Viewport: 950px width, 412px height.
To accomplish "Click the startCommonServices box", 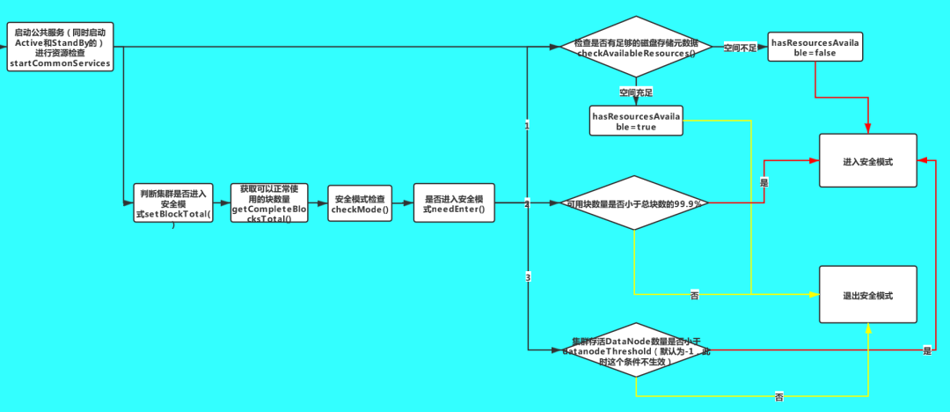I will (x=62, y=48).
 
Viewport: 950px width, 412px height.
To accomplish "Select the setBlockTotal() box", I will (x=174, y=205).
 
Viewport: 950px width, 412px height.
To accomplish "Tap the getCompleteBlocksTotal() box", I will (x=268, y=203).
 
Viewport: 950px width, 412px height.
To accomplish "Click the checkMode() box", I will (x=360, y=204).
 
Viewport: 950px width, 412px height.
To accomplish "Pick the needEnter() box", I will (x=454, y=204).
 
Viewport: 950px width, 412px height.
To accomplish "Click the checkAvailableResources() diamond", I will (x=635, y=48).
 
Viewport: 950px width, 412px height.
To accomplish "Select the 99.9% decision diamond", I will (x=634, y=203).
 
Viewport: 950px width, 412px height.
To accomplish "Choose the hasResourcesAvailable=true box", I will (x=636, y=121).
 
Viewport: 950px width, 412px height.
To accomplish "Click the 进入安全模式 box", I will (x=867, y=161).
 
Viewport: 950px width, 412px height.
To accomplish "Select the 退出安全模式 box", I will (x=867, y=297).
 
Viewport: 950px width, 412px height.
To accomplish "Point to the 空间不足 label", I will (x=739, y=47).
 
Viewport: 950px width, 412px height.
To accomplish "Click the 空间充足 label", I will (x=635, y=92).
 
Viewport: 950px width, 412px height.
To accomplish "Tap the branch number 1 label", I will (x=527, y=126).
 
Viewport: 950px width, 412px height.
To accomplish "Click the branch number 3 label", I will (x=528, y=278).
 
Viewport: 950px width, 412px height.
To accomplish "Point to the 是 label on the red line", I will (x=764, y=182).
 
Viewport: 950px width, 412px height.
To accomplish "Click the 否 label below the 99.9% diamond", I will (x=694, y=297).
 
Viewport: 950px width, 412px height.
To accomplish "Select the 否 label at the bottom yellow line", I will (x=778, y=398).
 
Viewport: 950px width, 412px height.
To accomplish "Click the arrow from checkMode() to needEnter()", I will (x=403, y=204).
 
